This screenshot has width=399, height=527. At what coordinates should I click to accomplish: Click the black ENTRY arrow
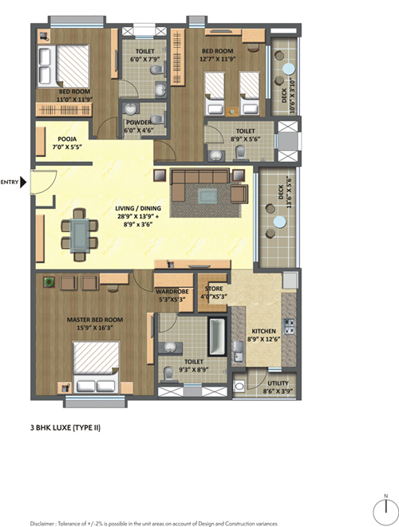click(x=23, y=182)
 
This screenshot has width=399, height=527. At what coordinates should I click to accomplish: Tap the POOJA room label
click(x=67, y=139)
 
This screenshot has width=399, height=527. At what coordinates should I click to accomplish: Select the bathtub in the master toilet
click(x=216, y=336)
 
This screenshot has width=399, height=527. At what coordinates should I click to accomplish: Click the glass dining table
click(x=79, y=235)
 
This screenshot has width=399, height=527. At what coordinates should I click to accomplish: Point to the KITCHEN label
click(x=263, y=331)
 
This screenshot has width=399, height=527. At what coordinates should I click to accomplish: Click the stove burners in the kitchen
click(x=290, y=326)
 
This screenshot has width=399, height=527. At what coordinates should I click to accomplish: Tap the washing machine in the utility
click(x=239, y=387)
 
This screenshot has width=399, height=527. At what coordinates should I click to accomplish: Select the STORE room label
click(x=214, y=289)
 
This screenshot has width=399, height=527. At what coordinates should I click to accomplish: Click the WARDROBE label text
click(x=172, y=291)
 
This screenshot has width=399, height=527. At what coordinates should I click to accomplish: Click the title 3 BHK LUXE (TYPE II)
click(x=65, y=427)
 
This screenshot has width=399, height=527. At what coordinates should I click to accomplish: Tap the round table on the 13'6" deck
click(x=279, y=222)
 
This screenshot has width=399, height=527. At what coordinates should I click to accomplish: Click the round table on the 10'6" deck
click(x=288, y=69)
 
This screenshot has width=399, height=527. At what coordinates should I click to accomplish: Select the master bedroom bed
click(x=97, y=367)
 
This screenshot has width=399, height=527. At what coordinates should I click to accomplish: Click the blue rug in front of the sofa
click(x=207, y=196)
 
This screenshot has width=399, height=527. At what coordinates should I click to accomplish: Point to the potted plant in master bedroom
click(x=49, y=282)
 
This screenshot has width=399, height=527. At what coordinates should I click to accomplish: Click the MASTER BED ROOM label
click(x=94, y=320)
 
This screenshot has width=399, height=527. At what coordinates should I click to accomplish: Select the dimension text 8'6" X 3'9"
click(x=278, y=391)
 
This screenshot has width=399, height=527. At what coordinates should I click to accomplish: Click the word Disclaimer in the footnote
click(x=42, y=523)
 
